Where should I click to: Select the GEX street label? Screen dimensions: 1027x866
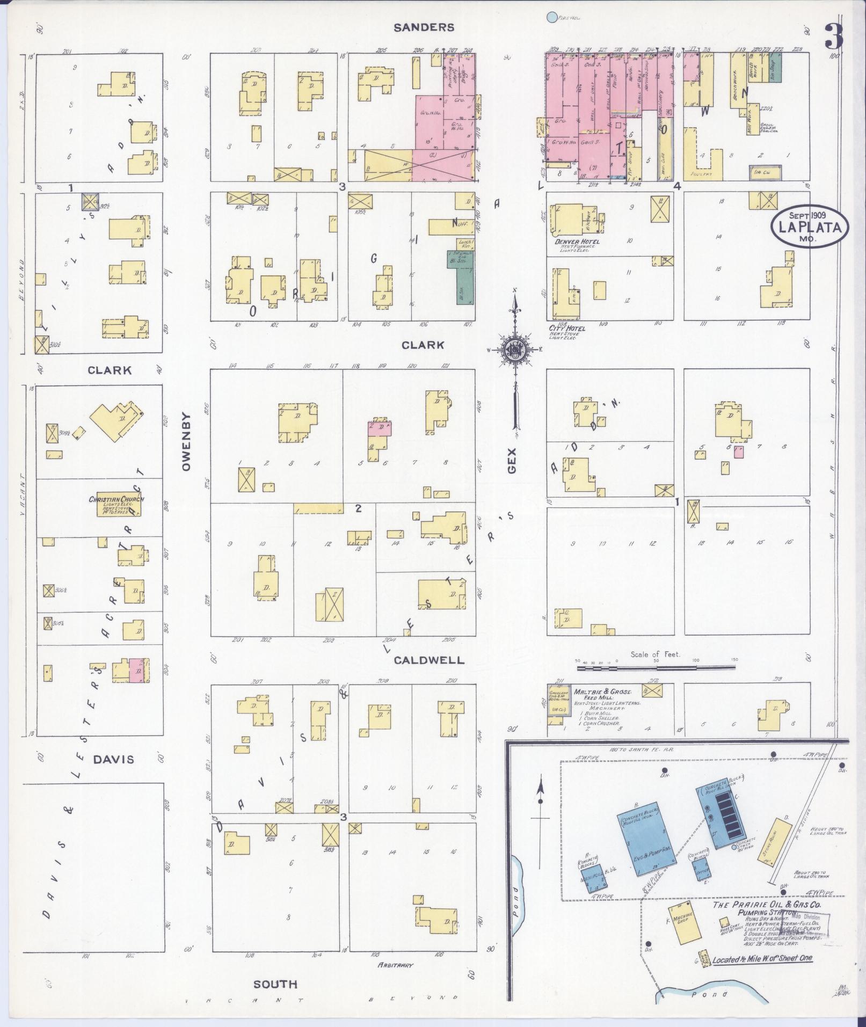click(512, 460)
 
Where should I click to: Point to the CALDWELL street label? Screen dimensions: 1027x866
click(429, 660)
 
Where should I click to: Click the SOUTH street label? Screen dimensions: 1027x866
click(275, 984)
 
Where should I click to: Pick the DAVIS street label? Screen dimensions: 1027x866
click(113, 759)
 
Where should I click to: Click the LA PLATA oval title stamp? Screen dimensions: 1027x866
click(810, 228)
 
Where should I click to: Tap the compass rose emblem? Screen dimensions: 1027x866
click(514, 349)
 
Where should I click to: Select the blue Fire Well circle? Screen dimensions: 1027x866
click(551, 18)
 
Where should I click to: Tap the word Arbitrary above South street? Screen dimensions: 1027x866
click(395, 965)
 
